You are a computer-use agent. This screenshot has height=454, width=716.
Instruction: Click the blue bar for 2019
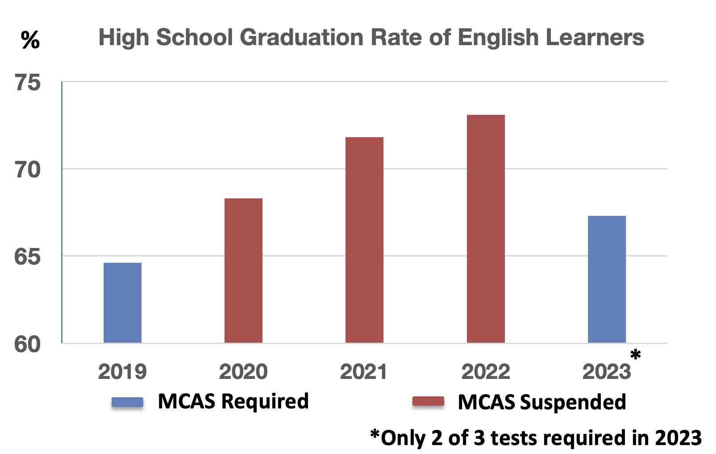[122, 303]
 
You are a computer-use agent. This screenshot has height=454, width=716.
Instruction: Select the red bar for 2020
[243, 270]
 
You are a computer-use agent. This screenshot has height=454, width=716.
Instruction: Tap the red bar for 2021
[364, 240]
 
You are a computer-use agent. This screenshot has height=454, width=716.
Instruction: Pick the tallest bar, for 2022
[486, 229]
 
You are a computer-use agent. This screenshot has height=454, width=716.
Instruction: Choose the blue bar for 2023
[607, 279]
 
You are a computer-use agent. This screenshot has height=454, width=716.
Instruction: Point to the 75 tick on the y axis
[28, 83]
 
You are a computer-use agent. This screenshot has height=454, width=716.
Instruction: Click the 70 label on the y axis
[28, 170]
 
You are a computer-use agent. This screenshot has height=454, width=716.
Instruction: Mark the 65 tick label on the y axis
[28, 257]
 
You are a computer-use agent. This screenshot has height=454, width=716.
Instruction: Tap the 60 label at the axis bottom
[28, 345]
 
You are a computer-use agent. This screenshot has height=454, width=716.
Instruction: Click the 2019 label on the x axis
[122, 372]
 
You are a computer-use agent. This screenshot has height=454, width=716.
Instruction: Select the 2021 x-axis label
[363, 372]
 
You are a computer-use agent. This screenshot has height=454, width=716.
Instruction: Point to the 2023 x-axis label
[606, 372]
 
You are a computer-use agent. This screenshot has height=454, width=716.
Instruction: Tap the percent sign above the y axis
[30, 40]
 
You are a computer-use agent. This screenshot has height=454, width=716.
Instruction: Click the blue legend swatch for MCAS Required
[128, 402]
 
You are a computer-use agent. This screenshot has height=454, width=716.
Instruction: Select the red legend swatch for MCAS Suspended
[428, 402]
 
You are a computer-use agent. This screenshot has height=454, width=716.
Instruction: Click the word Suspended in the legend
[573, 402]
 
